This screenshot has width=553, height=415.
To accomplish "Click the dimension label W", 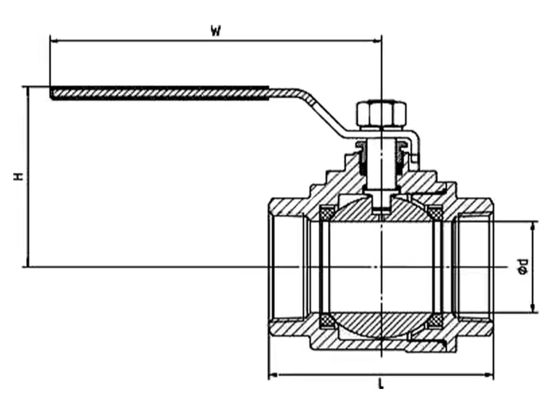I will coord(216,30).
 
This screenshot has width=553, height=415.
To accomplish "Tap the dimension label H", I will coord(19,177).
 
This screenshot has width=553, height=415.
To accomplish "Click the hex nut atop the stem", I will coord(382,113).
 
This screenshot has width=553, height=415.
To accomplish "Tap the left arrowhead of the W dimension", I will coord(54,40).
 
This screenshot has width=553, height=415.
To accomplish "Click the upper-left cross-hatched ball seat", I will coord(327,212).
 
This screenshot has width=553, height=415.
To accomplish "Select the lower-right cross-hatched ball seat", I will coord(436,320).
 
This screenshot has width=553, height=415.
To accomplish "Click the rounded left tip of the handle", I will coord(52,93).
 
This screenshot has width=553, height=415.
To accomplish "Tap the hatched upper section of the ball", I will coord(354,211).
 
